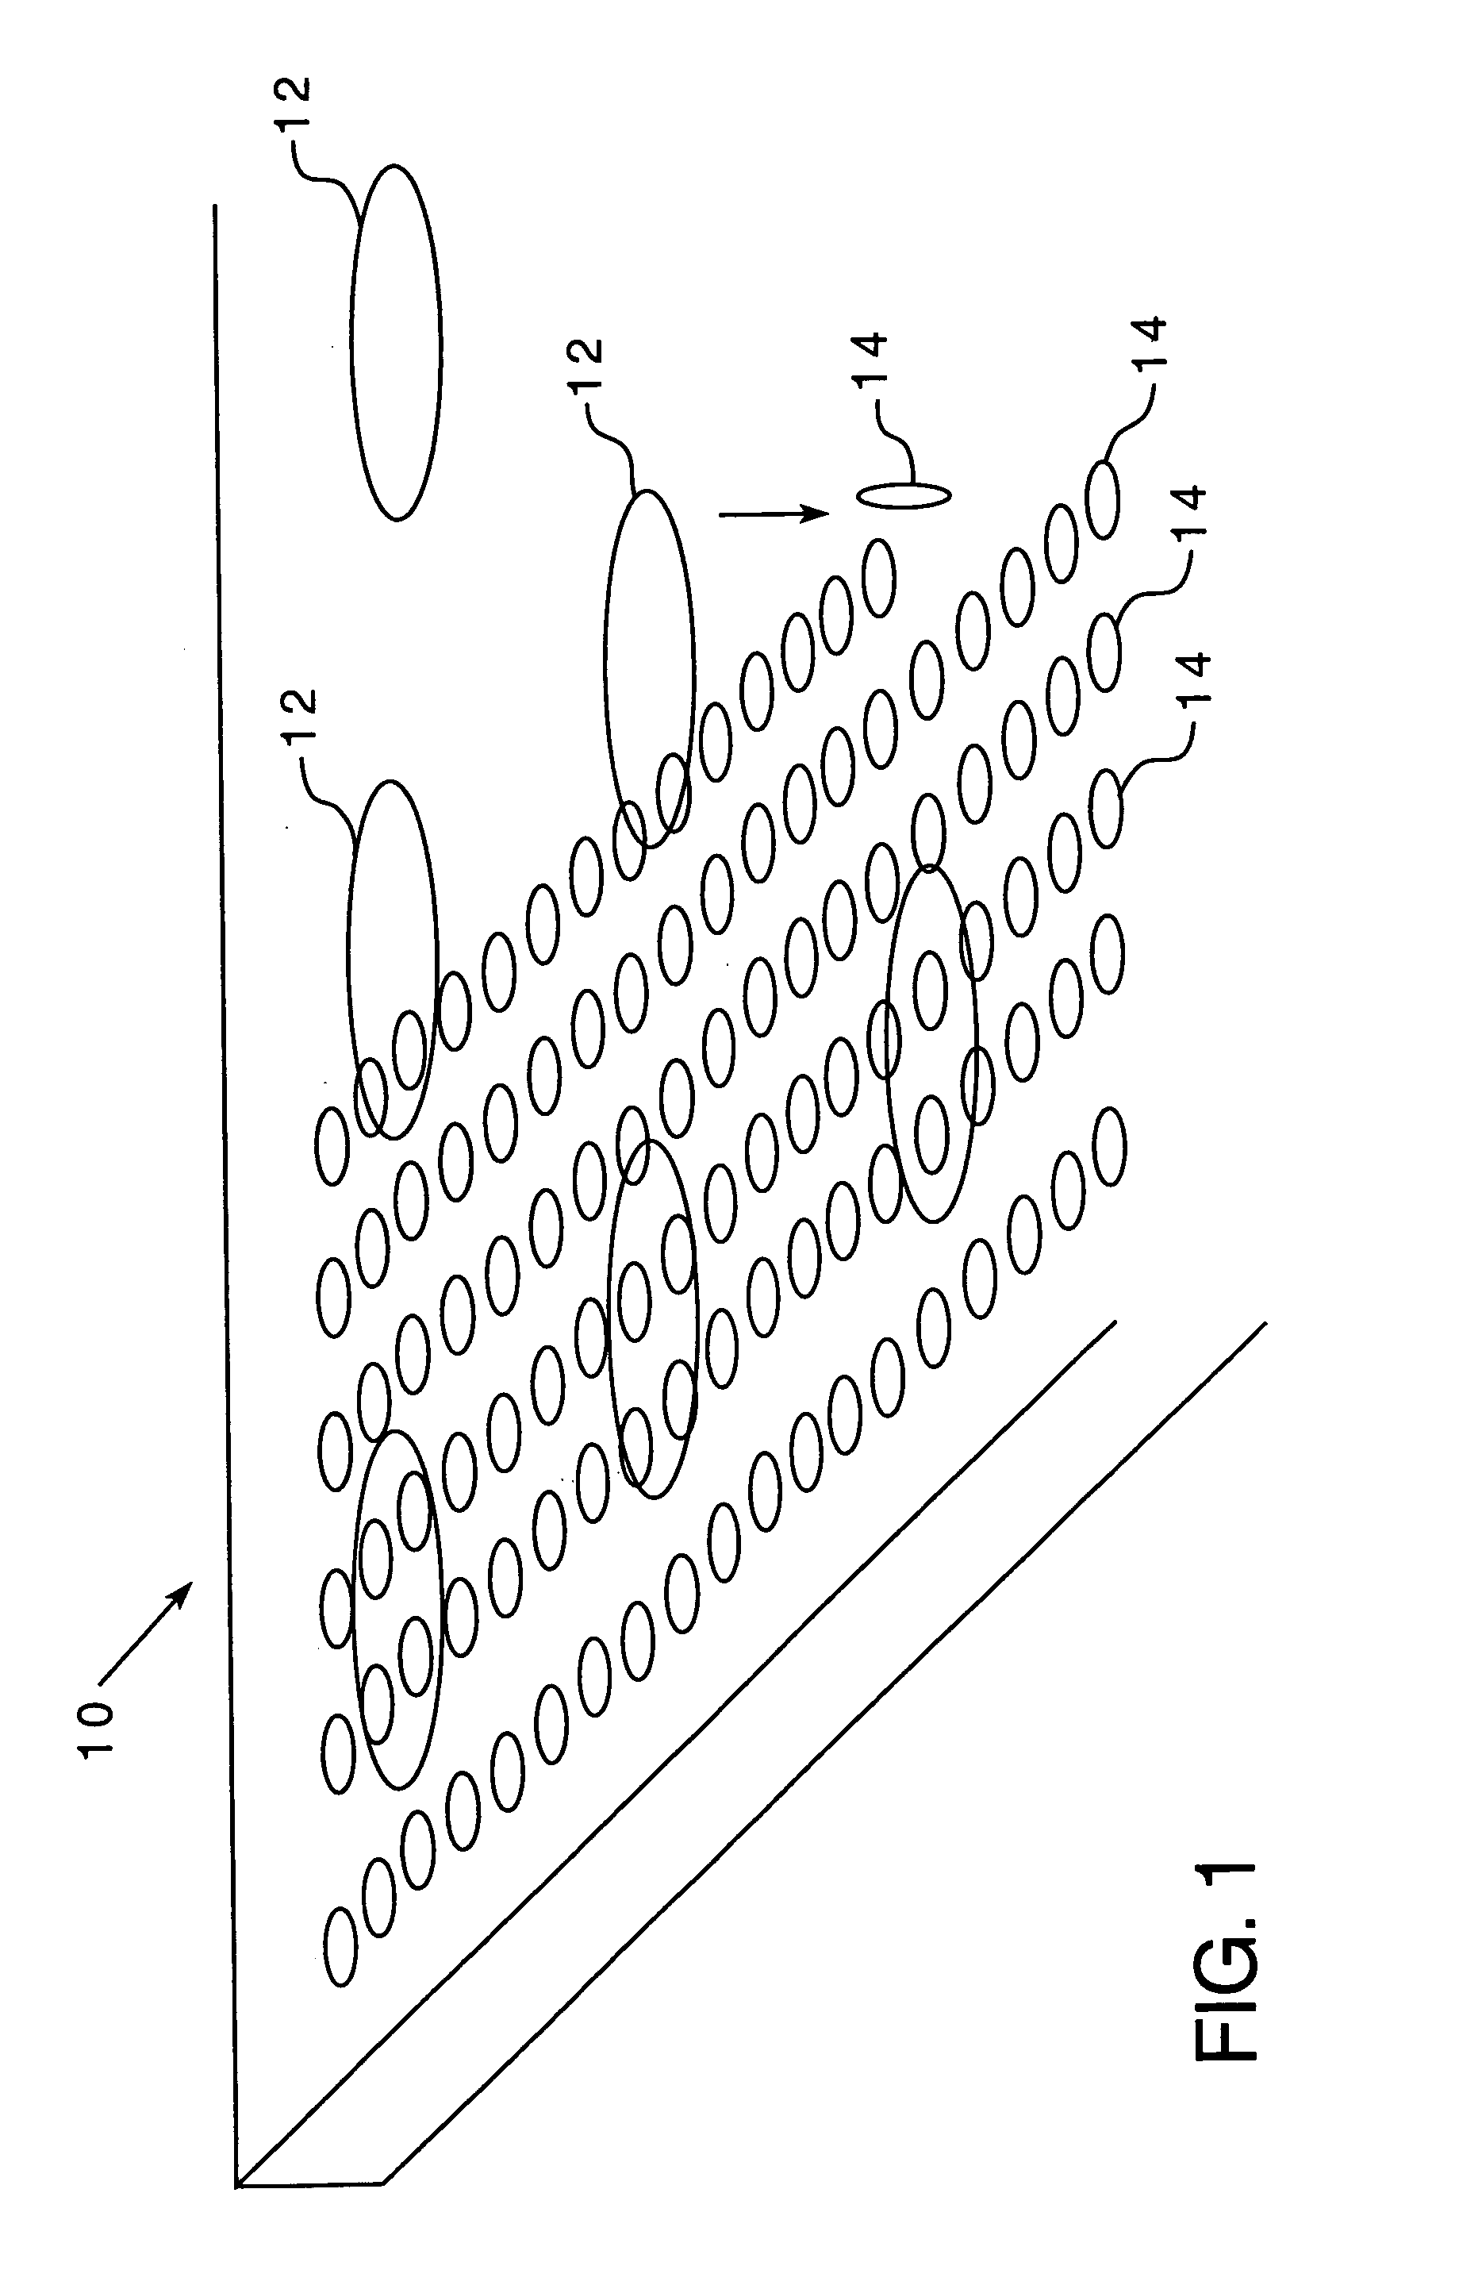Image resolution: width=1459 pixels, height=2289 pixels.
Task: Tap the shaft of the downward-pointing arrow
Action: [760, 514]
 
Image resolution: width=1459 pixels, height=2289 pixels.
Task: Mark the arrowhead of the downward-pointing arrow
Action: [817, 514]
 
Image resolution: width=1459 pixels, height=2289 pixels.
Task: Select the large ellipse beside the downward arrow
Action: [648, 668]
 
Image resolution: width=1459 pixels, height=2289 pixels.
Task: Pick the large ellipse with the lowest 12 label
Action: [393, 958]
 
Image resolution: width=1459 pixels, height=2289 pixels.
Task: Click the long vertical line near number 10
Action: [225, 1141]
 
